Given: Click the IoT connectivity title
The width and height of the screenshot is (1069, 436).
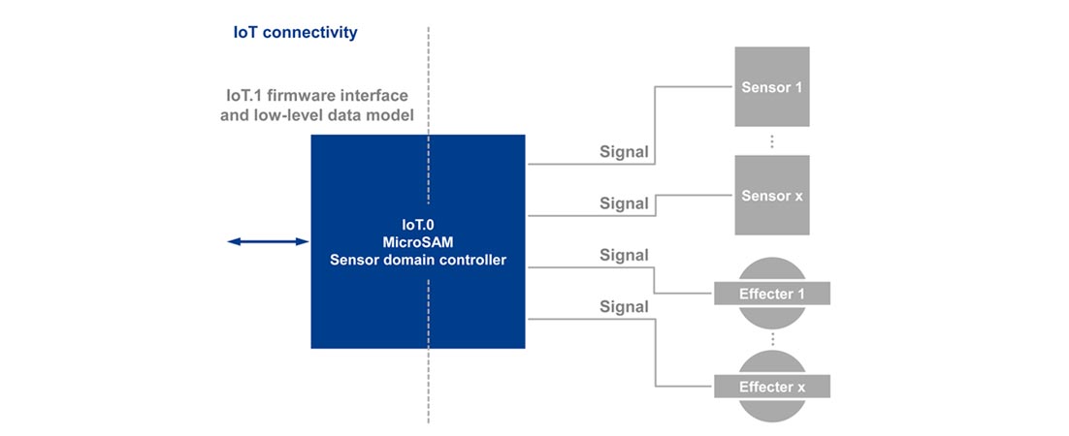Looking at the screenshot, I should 295,33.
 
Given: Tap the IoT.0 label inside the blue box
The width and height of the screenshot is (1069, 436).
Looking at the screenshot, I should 417,223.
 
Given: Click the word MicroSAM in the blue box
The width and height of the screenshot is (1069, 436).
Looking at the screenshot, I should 417,241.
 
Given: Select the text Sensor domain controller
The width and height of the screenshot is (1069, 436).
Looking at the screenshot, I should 417,260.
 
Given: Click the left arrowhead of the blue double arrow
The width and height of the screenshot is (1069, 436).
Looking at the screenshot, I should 234,241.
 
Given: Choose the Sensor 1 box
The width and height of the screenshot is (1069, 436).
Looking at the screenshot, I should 772,87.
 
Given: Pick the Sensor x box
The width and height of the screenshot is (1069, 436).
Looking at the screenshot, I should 772,195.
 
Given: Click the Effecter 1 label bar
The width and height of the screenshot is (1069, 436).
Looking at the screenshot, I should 772,294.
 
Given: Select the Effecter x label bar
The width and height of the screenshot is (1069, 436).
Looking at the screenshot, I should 772,388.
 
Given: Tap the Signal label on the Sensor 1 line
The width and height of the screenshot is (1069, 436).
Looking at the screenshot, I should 624,152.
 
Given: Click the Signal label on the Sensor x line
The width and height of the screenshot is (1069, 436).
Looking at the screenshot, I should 624,203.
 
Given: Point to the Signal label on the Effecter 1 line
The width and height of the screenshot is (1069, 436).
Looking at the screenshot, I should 624,256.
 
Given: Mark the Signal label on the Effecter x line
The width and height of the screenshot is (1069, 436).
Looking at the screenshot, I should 624,307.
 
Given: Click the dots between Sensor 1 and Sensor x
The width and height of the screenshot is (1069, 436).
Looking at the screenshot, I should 772,141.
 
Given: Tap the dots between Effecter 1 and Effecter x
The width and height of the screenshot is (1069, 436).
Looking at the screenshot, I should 772,340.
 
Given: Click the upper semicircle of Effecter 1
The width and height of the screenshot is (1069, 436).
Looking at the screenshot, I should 772,269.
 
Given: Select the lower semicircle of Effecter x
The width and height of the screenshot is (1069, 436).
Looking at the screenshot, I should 772,409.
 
